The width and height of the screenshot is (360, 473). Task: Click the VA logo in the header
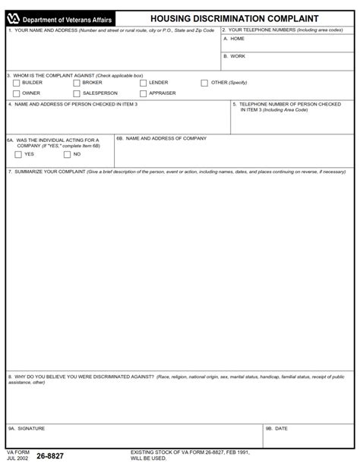(13, 18)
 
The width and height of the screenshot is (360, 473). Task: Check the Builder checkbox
(17, 83)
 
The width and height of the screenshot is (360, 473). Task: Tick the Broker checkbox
(77, 83)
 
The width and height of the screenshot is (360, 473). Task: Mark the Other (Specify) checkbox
(204, 83)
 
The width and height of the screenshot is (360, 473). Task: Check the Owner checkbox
(17, 93)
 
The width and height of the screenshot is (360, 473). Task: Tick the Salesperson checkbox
(77, 93)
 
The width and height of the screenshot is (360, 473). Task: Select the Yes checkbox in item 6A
(18, 155)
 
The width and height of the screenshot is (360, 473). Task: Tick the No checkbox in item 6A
(68, 155)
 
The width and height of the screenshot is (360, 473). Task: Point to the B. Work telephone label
(235, 56)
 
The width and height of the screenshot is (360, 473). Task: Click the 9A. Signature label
(27, 428)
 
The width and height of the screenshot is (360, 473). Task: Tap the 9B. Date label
(276, 428)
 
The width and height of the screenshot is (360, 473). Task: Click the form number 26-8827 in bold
(50, 456)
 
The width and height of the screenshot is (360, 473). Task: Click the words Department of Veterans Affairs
(68, 19)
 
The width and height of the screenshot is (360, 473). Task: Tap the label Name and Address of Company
(161, 139)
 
